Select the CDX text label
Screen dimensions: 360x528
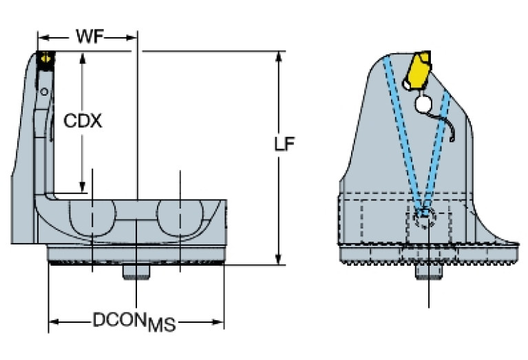pyautogui.click(x=83, y=121)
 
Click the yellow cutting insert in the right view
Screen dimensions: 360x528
pyautogui.click(x=417, y=72)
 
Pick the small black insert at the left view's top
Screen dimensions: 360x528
pyautogui.click(x=46, y=60)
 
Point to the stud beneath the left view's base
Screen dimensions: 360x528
pyautogui.click(x=136, y=273)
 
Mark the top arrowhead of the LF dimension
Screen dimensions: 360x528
pyautogui.click(x=279, y=56)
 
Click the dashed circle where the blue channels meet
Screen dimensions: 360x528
pyautogui.click(x=425, y=220)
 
